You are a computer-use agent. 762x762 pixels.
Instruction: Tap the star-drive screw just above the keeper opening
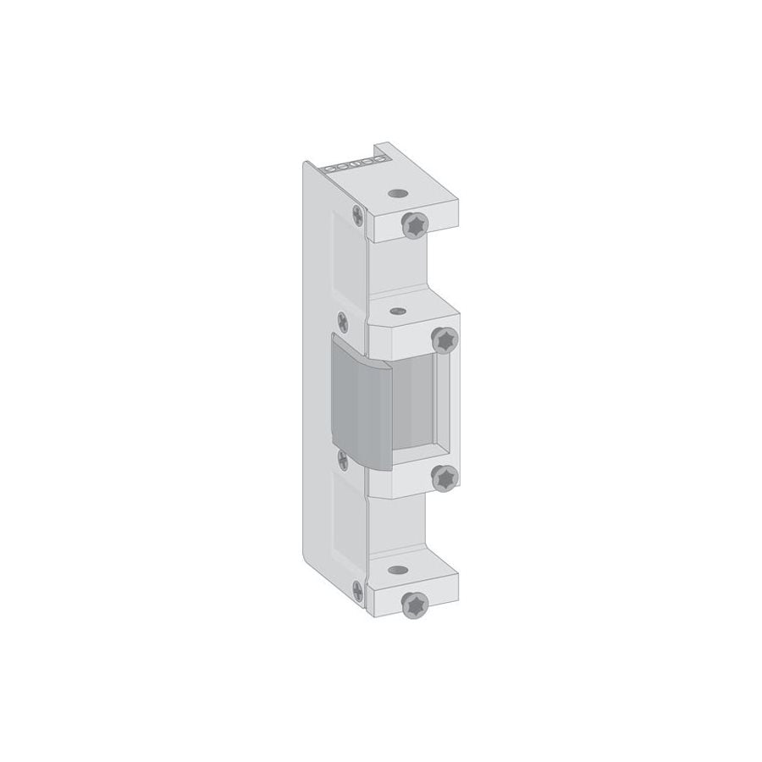coord(444,339)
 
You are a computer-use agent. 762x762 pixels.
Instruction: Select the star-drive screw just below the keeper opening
coord(444,479)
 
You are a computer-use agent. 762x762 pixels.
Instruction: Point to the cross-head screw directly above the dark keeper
coord(342,322)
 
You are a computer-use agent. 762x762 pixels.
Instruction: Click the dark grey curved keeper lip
coord(360,398)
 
